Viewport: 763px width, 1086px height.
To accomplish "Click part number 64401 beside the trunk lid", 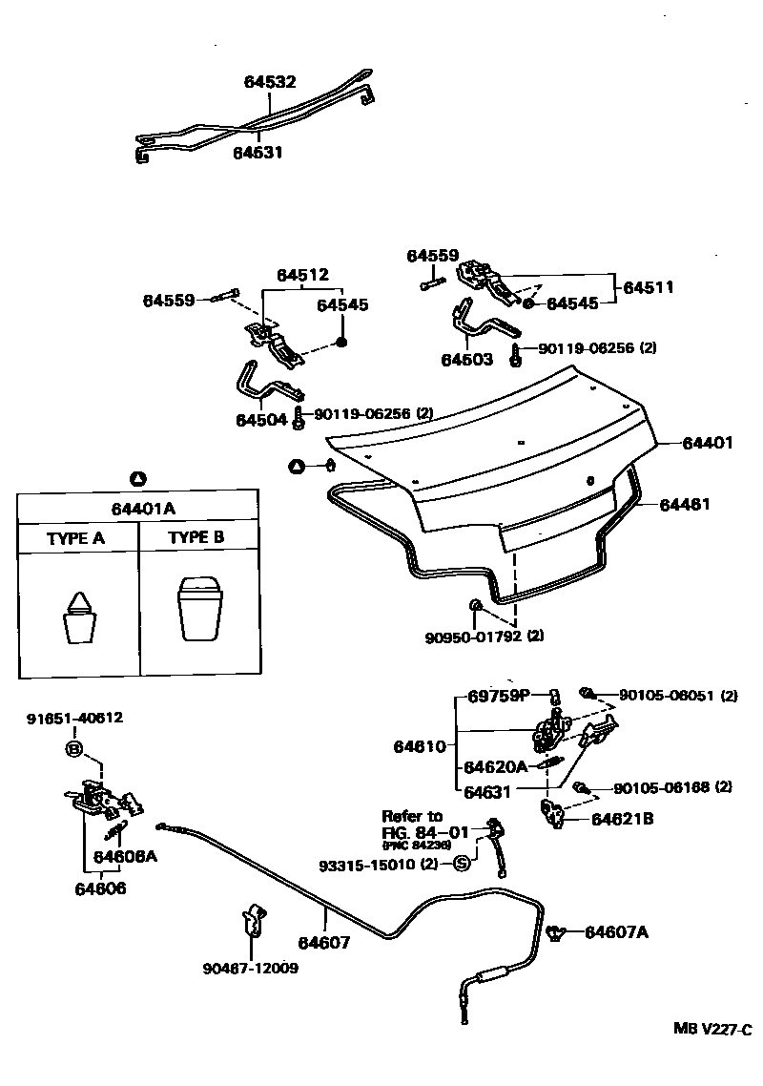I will [x=708, y=443].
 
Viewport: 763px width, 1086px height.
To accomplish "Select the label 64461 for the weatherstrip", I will [x=685, y=505].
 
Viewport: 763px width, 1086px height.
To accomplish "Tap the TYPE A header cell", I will [x=75, y=538].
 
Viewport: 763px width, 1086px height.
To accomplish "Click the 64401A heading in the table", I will [x=138, y=507].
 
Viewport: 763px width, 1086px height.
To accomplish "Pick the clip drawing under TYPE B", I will [x=200, y=607].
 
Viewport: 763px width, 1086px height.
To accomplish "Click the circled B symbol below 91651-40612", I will [x=74, y=748].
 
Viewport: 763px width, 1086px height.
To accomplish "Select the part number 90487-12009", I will [x=250, y=968].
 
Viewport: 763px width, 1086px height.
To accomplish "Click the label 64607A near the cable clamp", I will [x=616, y=931].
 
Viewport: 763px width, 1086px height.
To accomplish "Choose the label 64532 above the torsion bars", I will [x=270, y=82].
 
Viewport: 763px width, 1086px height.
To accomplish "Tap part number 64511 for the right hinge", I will [x=649, y=286].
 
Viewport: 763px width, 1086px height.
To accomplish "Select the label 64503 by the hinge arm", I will [x=466, y=360].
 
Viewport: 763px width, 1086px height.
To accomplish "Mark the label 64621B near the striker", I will [x=623, y=818].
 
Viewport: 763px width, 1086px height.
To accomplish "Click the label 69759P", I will [x=498, y=696].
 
